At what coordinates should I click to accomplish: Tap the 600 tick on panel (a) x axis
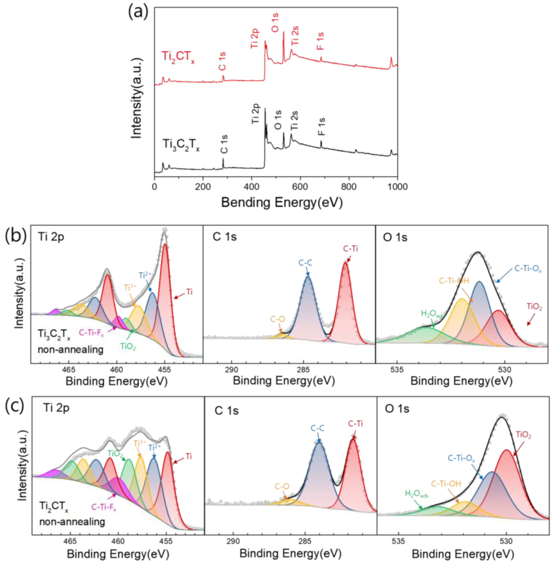(x=300, y=187)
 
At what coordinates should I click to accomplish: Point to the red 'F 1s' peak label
(x=320, y=41)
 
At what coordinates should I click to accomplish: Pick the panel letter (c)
(x=15, y=406)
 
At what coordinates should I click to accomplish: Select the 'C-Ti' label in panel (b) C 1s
(x=350, y=248)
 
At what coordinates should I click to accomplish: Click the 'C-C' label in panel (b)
(x=305, y=263)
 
